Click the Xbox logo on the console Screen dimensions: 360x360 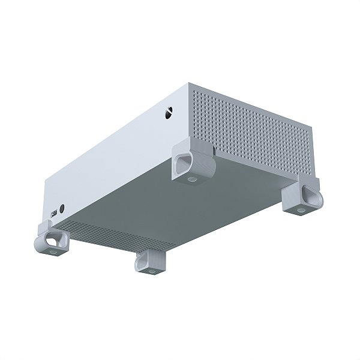click(x=170, y=112)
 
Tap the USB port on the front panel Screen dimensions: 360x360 click(x=55, y=214)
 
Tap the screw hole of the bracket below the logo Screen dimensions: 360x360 click(x=191, y=179)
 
